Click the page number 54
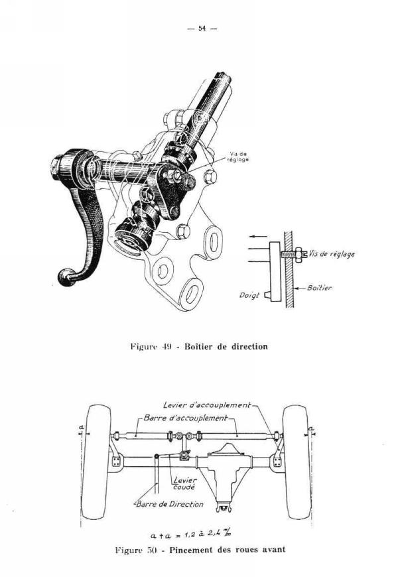(202, 29)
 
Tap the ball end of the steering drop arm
(66, 277)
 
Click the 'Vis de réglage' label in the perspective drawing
(239, 157)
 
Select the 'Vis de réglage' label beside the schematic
(332, 254)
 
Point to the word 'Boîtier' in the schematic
(319, 288)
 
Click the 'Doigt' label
(250, 295)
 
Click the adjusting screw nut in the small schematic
(298, 254)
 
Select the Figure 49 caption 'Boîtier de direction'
(226, 347)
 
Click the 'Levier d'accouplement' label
(207, 405)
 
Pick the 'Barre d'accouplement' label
(186, 418)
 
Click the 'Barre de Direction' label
(170, 504)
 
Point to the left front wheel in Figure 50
(96, 462)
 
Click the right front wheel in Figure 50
(296, 462)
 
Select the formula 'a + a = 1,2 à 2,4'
(191, 533)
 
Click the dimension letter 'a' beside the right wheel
(311, 428)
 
